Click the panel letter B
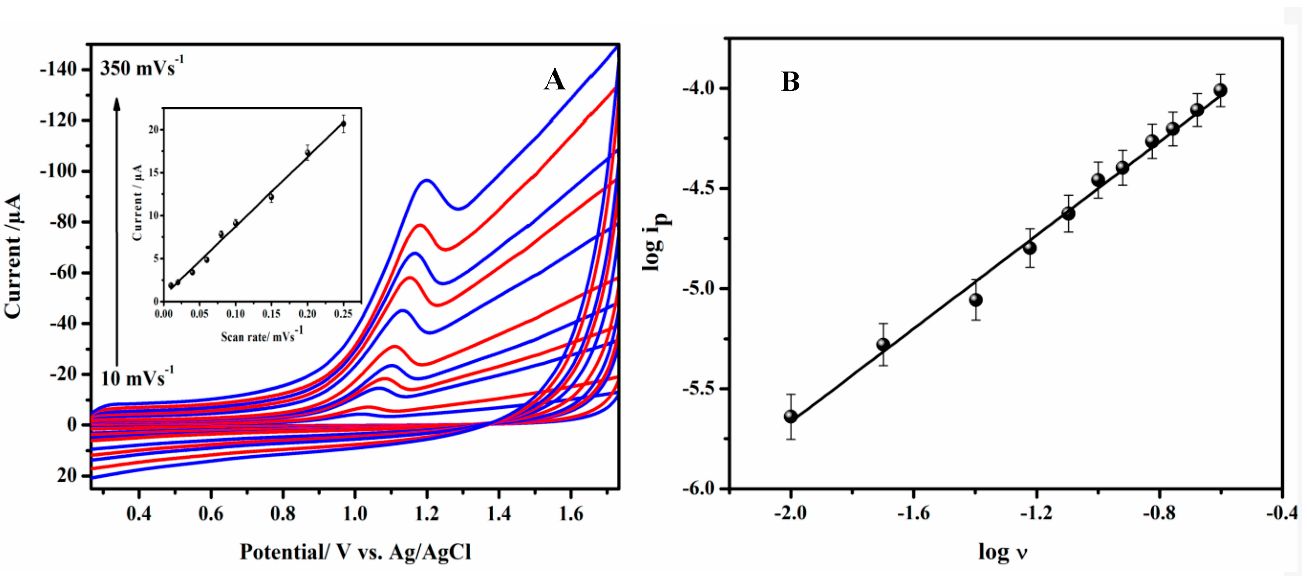pos(790,82)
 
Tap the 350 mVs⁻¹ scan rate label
pos(142,67)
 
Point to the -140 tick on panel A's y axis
pos(58,69)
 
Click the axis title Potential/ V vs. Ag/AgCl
pos(355,551)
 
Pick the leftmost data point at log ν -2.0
pos(791,416)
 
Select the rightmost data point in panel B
pos(1220,90)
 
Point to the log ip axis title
pos(657,241)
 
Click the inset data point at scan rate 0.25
pos(344,124)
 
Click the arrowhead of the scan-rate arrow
pos(117,103)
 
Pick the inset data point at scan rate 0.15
pos(272,197)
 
